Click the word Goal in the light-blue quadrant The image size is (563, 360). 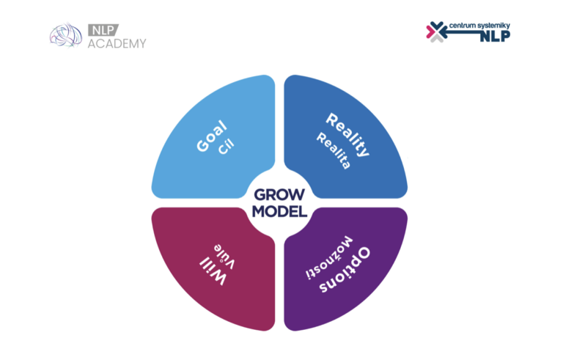(x=212, y=136)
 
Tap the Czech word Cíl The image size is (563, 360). (x=227, y=147)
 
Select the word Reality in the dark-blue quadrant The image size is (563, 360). (x=347, y=134)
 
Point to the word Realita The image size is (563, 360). (x=334, y=150)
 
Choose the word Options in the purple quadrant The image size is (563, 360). (x=345, y=270)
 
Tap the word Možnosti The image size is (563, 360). (x=329, y=257)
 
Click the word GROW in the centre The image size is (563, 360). (x=279, y=195)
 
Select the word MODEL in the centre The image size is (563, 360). (x=279, y=211)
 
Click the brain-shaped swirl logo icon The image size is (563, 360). (x=66, y=35)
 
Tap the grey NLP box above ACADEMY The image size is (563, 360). (x=103, y=30)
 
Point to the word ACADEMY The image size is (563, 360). (x=117, y=43)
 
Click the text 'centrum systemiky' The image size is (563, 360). (x=479, y=26)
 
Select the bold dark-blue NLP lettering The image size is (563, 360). (x=495, y=36)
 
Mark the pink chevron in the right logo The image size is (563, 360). (x=430, y=32)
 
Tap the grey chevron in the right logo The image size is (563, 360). (x=437, y=38)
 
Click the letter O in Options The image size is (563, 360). (x=362, y=254)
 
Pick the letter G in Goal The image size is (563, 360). (x=203, y=146)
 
